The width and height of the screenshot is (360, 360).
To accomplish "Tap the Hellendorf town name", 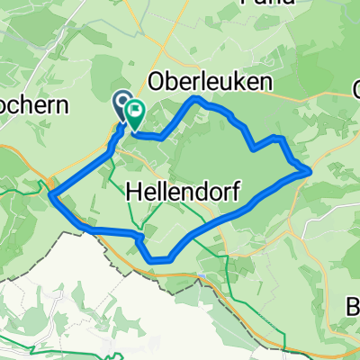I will click(x=183, y=191).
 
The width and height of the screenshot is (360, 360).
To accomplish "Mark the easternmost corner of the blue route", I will click(x=310, y=168).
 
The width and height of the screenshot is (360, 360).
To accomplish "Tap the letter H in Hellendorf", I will click(x=134, y=191).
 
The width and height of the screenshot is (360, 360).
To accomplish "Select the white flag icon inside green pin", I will click(x=136, y=112).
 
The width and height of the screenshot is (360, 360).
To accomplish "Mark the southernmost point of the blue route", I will click(x=157, y=260).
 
